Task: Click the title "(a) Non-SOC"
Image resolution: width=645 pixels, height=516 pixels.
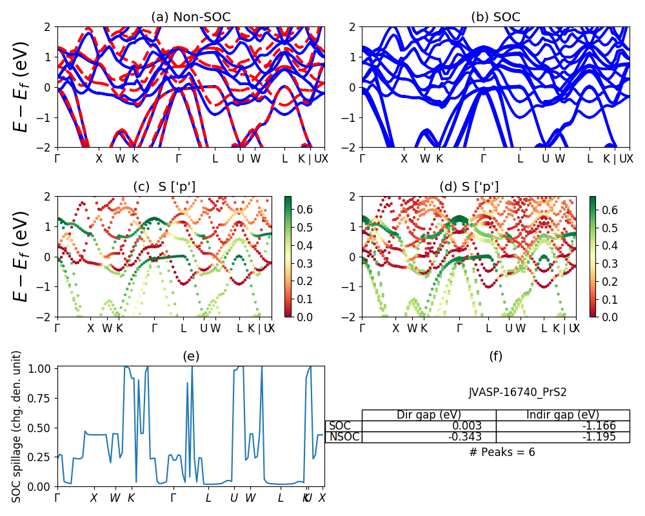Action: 190,17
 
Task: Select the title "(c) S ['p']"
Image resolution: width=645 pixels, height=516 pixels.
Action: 164,187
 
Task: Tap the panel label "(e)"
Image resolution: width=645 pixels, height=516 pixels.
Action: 190,357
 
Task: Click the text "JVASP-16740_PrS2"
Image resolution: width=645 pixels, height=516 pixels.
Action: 517,392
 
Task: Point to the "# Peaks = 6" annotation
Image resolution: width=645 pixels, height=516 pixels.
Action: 502,452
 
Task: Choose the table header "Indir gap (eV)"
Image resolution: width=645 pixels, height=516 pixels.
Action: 562,415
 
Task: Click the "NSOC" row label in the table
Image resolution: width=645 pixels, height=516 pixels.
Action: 344,437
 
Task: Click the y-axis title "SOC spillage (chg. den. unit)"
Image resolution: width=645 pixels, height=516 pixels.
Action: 17,426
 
